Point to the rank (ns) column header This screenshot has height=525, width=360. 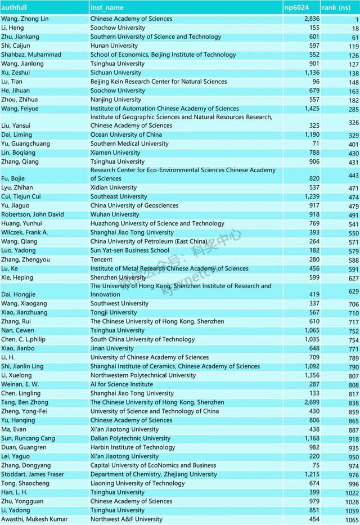coord(336,8)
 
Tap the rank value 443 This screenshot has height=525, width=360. coord(353,176)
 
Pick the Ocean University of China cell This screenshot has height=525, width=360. coord(126,134)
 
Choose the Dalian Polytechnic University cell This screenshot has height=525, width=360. coord(132,438)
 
